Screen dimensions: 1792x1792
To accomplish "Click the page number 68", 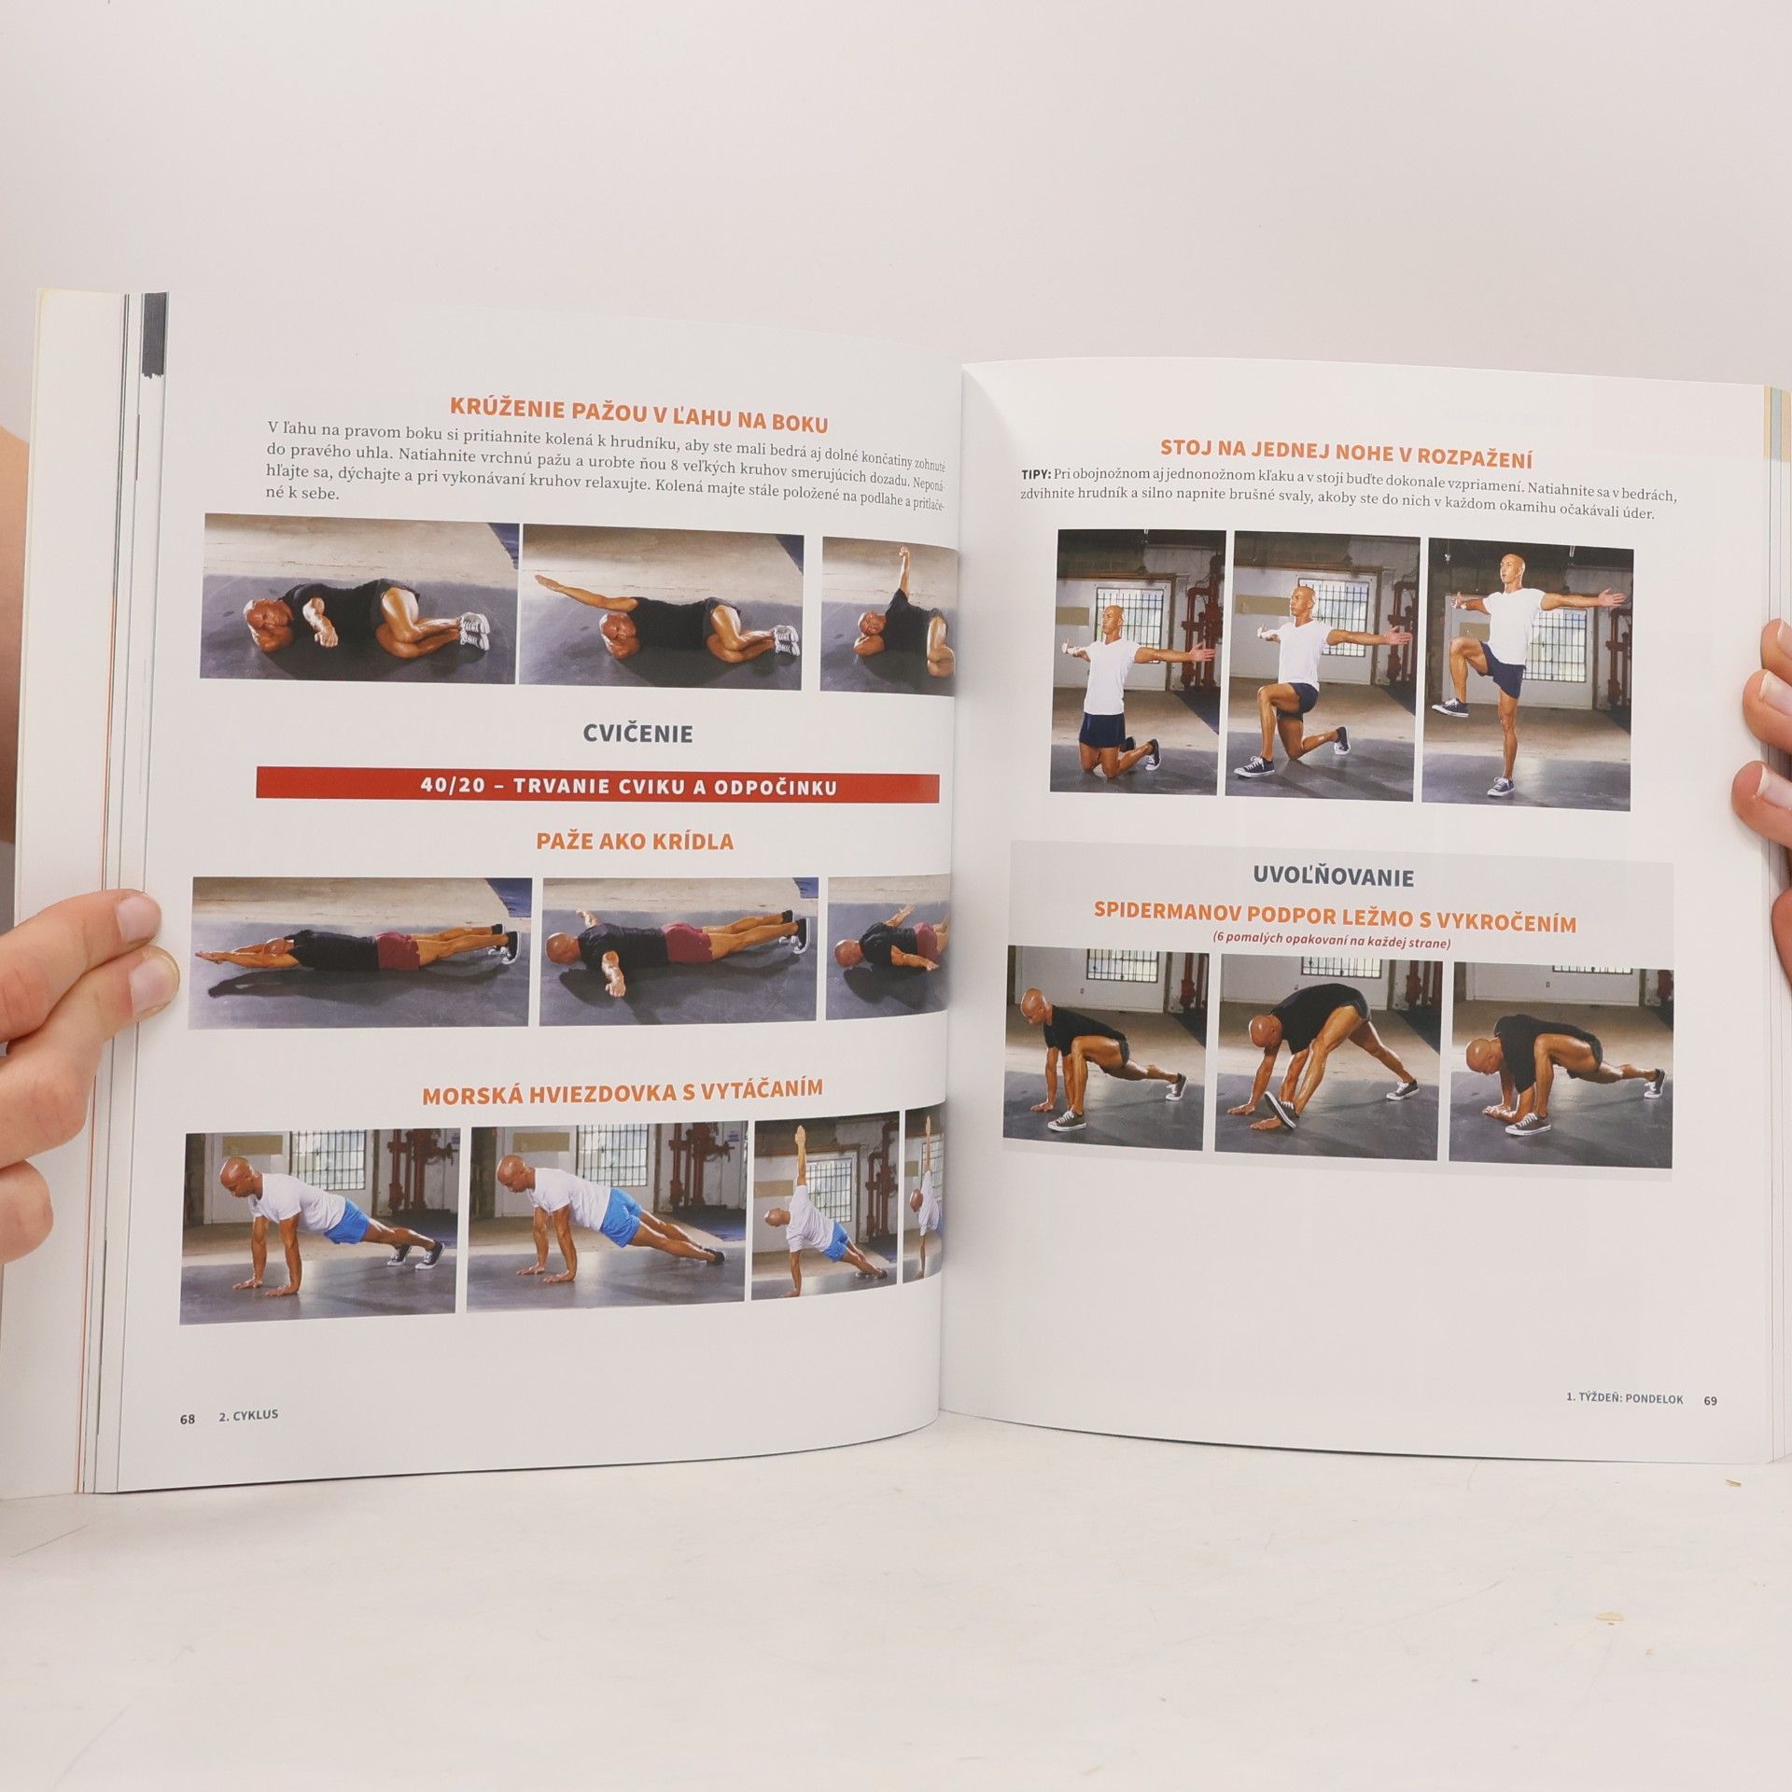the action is pos(188,1445).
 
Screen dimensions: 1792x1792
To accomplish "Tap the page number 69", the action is pos(1710,1426).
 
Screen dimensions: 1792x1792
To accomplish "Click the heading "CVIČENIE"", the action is pos(638,734).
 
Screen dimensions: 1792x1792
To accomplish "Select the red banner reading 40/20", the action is pos(598,785).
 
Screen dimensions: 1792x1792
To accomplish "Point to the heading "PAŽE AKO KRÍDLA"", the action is pos(635,841).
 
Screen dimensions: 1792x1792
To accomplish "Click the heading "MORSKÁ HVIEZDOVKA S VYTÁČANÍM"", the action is pos(623,1092).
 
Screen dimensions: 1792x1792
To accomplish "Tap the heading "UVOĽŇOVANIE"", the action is pos(1333,876).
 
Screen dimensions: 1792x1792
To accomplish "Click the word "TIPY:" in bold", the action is pos(1036,474).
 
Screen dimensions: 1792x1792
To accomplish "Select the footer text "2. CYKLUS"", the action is pos(248,1441).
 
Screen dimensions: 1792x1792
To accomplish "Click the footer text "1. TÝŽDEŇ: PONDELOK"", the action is pos(1625,1425).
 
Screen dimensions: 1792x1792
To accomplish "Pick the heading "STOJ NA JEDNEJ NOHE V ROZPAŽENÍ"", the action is pos(1346,454).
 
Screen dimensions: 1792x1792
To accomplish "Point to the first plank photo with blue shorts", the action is pos(320,1226).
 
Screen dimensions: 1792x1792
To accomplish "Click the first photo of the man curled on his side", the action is pos(359,597).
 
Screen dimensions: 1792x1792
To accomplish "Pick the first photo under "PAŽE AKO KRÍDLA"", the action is pos(360,952).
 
